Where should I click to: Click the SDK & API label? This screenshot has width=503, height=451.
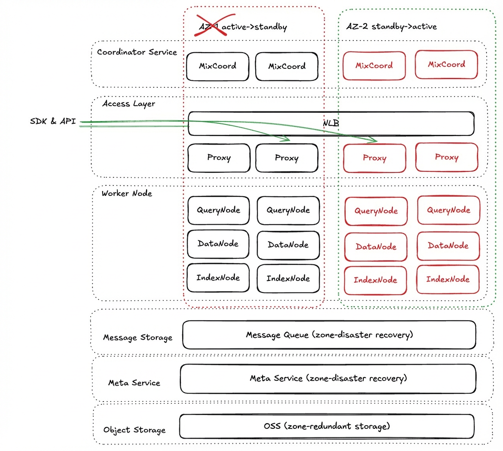point(53,121)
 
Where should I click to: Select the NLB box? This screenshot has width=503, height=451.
point(331,123)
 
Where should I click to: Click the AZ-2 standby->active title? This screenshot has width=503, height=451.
point(392,26)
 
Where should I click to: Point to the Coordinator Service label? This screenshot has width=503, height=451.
point(137,52)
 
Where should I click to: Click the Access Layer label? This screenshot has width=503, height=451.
point(129,104)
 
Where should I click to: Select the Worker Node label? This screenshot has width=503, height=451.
point(127,193)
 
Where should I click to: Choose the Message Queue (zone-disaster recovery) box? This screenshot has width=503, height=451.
point(329,335)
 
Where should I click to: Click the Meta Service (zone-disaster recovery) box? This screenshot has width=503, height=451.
point(328,378)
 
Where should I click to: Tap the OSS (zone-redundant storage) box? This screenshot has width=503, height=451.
point(326,427)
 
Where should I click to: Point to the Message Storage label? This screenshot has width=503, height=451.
point(138,337)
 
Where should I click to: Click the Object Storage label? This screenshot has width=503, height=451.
point(135,430)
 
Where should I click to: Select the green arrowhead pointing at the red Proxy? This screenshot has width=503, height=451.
point(372,139)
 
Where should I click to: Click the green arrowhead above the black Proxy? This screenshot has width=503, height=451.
point(284,138)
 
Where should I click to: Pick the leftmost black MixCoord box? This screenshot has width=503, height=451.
point(217,67)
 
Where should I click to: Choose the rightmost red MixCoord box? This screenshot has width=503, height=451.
point(446,64)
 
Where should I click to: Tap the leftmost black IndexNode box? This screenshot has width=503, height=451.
point(218,278)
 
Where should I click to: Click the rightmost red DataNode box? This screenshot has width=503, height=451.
point(448,246)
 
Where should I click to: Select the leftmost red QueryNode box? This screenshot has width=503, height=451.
point(376,211)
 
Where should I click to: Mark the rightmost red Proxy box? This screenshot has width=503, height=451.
point(447,157)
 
